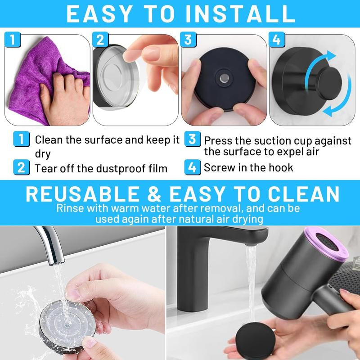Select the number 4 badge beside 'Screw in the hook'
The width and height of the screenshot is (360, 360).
click(192, 167)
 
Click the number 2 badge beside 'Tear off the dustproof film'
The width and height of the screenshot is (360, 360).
click(21, 168)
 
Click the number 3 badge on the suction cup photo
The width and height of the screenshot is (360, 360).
click(189, 39)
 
